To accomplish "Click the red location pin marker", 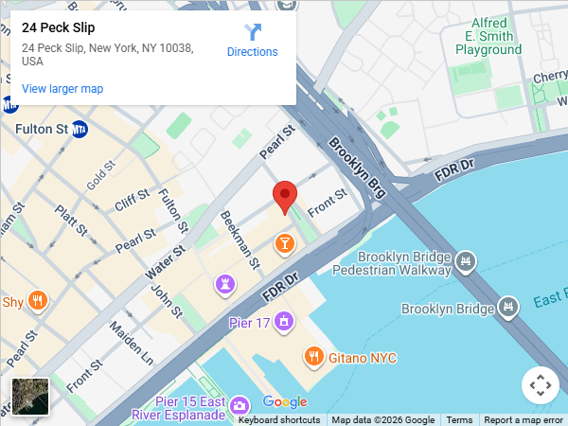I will (x=284, y=197).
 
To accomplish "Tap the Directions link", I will (x=252, y=51).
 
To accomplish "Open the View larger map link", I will (x=62, y=89).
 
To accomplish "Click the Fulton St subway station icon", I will (x=80, y=129).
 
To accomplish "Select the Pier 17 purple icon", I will (x=285, y=323).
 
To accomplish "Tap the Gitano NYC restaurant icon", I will (x=314, y=357).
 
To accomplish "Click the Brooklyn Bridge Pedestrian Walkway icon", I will (x=465, y=260).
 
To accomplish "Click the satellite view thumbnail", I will (x=30, y=397).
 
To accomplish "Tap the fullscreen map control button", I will (x=541, y=385).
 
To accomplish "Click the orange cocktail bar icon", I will (x=284, y=244).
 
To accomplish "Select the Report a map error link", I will (x=524, y=420).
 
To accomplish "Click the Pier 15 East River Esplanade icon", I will (x=240, y=404).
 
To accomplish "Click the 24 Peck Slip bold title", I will (x=59, y=27).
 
